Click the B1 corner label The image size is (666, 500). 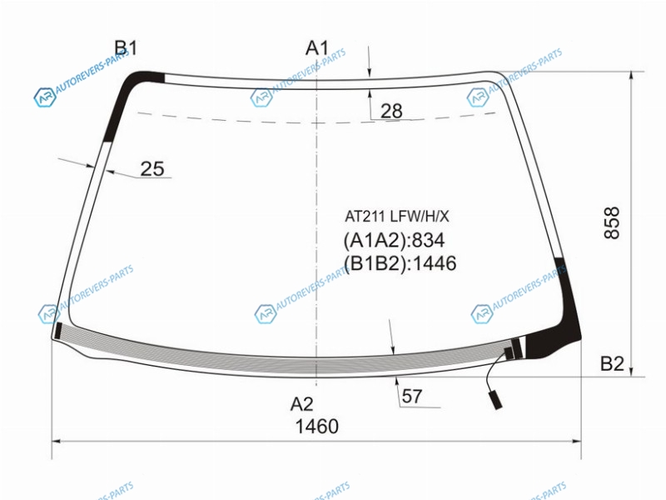[x=127, y=48]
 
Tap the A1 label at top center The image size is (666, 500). [x=317, y=48]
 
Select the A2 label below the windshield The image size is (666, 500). [x=302, y=404]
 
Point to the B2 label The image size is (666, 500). [x=612, y=363]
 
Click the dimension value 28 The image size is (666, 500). [x=391, y=111]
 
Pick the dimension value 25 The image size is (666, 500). [x=152, y=169]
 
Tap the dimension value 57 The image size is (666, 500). [x=411, y=397]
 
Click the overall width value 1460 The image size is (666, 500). [x=317, y=427]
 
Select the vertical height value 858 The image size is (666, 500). [x=612, y=223]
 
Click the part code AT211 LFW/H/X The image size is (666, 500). [x=397, y=217]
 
